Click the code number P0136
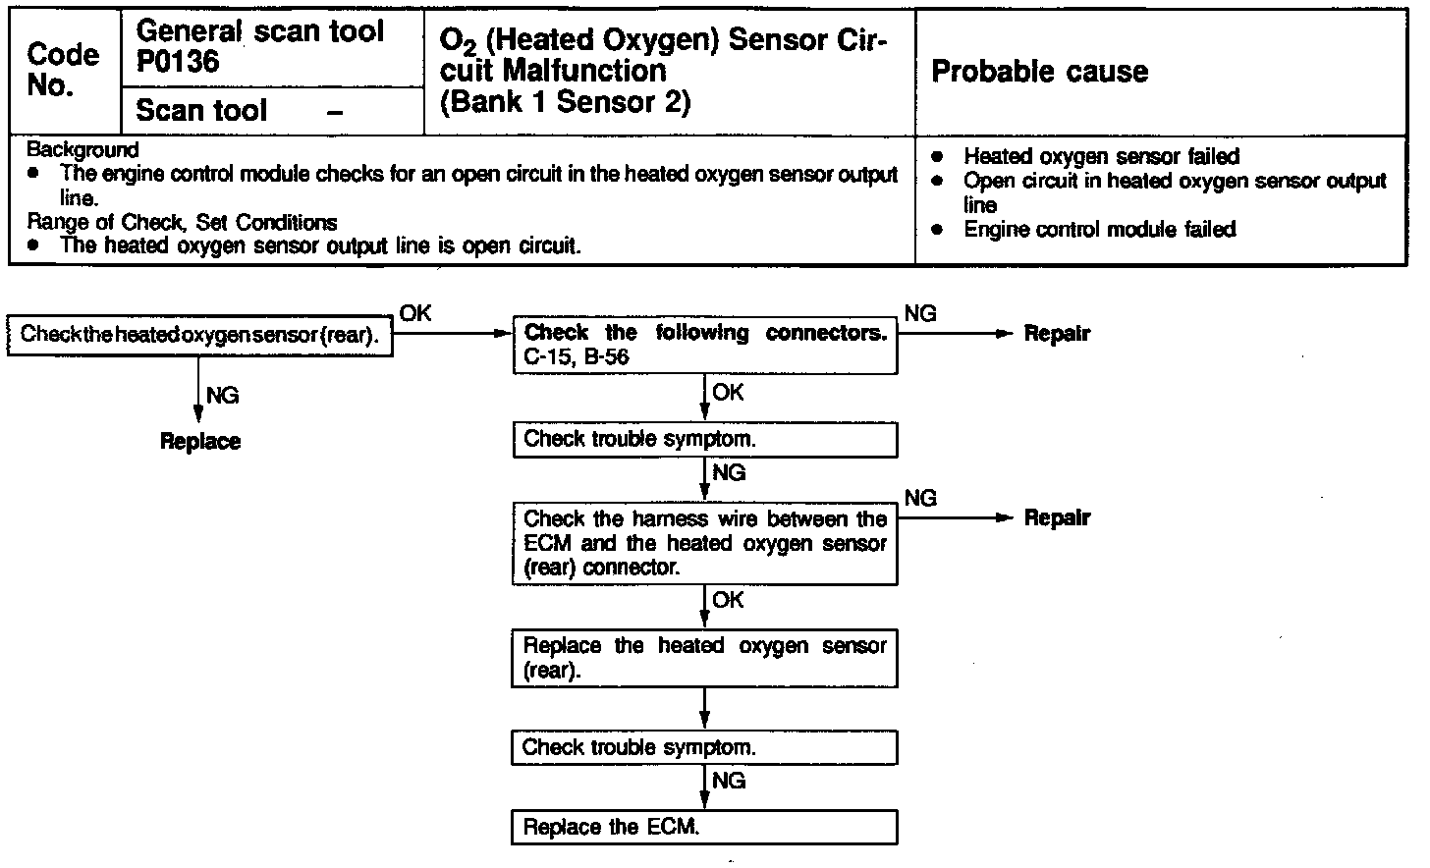pyautogui.click(x=178, y=63)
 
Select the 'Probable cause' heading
pyautogui.click(x=1039, y=72)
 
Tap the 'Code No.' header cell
pyautogui.click(x=63, y=70)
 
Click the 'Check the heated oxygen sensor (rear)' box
pyautogui.click(x=199, y=335)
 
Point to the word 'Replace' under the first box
pyautogui.click(x=200, y=442)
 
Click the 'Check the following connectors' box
pyautogui.click(x=704, y=345)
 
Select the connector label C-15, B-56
pyautogui.click(x=577, y=357)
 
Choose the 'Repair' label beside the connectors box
pyautogui.click(x=1057, y=334)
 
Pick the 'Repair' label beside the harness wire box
pyautogui.click(x=1057, y=518)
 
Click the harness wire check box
pyautogui.click(x=704, y=543)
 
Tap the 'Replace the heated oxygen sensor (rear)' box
pyautogui.click(x=704, y=658)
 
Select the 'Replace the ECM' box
pyautogui.click(x=704, y=827)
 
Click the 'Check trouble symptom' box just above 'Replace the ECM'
pyautogui.click(x=704, y=747)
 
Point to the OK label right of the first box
pyautogui.click(x=415, y=313)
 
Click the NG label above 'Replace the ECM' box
pyautogui.click(x=729, y=781)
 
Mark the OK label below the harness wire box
pyautogui.click(x=728, y=600)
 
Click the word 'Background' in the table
pyautogui.click(x=82, y=150)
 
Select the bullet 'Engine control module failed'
pyautogui.click(x=1099, y=230)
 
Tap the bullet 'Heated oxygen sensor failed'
pyautogui.click(x=1101, y=156)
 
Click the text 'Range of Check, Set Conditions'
pyautogui.click(x=182, y=222)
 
